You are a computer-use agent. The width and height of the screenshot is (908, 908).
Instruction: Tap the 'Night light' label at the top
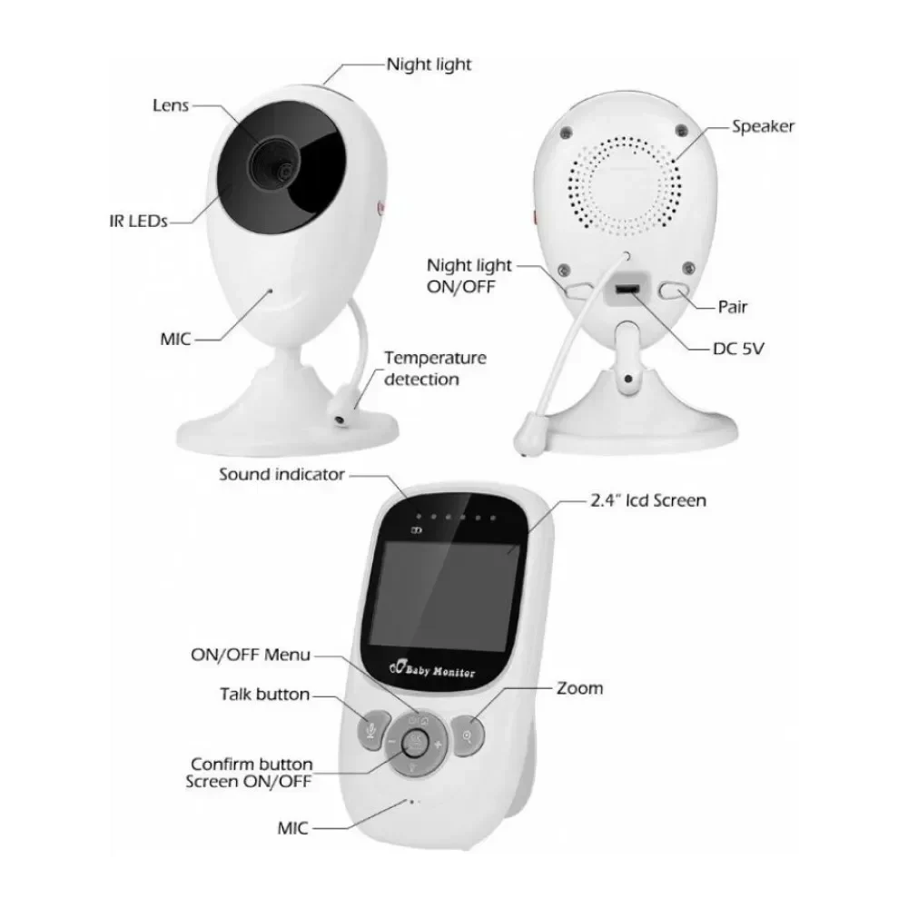click(429, 64)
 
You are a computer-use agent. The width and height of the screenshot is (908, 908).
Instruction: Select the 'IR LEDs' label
click(138, 221)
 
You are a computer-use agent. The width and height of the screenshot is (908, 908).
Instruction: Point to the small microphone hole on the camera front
click(270, 291)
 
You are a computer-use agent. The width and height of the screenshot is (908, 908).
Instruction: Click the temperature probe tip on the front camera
click(340, 415)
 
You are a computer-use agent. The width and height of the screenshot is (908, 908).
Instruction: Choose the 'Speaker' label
click(763, 126)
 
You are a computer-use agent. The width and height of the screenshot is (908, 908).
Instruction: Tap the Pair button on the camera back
click(674, 291)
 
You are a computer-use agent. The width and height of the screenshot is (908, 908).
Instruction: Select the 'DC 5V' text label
click(738, 349)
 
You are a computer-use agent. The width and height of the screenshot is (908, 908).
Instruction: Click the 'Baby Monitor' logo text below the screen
click(432, 670)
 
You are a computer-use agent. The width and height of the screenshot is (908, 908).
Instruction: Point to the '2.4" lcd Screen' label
click(648, 500)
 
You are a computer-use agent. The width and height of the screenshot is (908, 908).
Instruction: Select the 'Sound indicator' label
click(281, 474)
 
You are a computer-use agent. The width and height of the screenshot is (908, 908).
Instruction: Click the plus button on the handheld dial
click(438, 745)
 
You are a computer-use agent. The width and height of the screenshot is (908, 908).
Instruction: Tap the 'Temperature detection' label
click(435, 369)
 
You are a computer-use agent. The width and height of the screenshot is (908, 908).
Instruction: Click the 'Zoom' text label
click(579, 688)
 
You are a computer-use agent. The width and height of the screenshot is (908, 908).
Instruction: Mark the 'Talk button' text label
click(264, 694)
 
